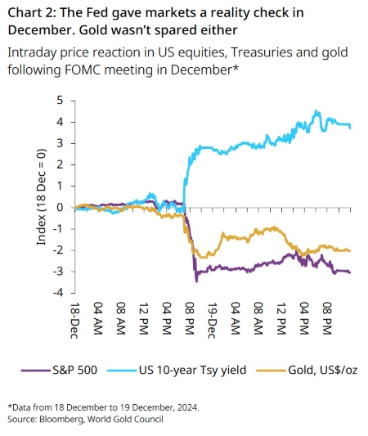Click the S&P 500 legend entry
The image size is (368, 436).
tap(59, 370)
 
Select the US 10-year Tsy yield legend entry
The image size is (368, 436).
tap(177, 370)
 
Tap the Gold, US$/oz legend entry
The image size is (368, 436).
tap(307, 370)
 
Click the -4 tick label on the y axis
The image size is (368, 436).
tap(58, 293)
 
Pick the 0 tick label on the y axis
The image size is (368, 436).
tap(60, 208)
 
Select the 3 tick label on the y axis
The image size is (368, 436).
tap(60, 143)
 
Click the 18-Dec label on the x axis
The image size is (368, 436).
tap(74, 320)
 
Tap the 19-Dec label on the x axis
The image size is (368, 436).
tap(212, 320)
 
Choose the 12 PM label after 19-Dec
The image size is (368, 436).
tap(281, 318)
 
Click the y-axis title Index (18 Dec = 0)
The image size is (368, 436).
tap(41, 197)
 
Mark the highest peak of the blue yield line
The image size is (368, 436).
tap(316, 110)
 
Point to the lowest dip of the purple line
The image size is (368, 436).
tap(196, 281)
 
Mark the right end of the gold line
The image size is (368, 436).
tap(350, 251)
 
